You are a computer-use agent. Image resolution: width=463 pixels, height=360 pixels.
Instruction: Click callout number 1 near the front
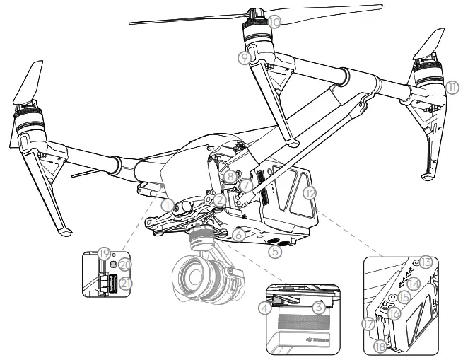[x=167, y=204]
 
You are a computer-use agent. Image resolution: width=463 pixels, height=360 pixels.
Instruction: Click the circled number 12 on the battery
[x=307, y=192]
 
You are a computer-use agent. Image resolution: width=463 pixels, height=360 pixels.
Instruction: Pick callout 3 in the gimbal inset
[x=319, y=306]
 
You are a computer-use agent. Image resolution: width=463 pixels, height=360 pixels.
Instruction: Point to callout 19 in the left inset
[x=104, y=252]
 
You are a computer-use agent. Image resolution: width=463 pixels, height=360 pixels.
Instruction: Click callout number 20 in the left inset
[x=124, y=264]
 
